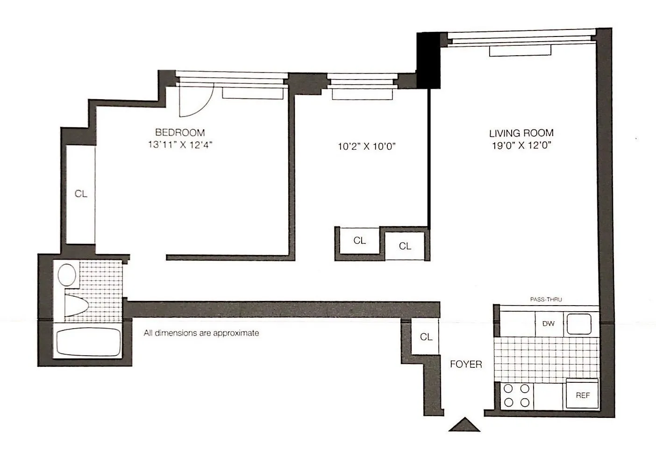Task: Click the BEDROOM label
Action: (180, 132)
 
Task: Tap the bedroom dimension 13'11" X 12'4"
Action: (180, 145)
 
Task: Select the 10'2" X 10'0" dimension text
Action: (367, 146)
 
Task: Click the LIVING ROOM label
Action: (521, 133)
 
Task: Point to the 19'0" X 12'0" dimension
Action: (521, 146)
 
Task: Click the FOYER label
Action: (466, 364)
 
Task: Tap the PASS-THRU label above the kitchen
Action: (546, 300)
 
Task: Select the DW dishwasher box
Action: (549, 323)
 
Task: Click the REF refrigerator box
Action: (582, 395)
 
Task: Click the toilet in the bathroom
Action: (75, 306)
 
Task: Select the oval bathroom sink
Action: (67, 275)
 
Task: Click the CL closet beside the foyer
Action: (426, 337)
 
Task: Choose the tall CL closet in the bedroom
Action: (81, 194)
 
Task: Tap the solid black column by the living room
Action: (428, 60)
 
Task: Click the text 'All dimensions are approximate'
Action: (201, 333)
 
